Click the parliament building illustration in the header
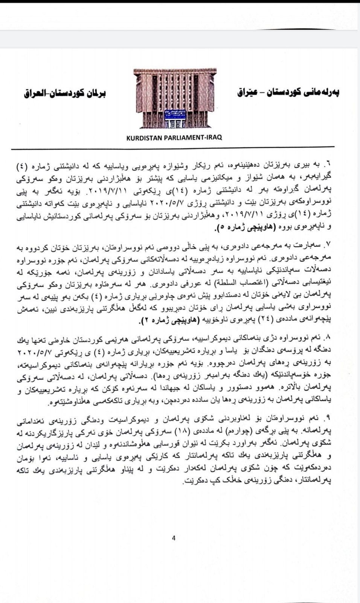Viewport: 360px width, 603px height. click(x=174, y=99)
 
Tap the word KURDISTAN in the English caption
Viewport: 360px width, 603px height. click(x=144, y=138)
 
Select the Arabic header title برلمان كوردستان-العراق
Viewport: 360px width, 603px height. click(x=65, y=93)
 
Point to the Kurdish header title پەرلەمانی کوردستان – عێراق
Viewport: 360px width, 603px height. click(x=288, y=92)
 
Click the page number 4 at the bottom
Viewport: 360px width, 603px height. click(x=174, y=538)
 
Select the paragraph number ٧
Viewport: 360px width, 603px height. click(x=327, y=246)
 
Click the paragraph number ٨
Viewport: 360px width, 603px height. click(x=327, y=336)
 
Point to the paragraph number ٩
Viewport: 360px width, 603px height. click(x=327, y=417)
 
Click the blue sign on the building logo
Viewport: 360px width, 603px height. click(x=174, y=112)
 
